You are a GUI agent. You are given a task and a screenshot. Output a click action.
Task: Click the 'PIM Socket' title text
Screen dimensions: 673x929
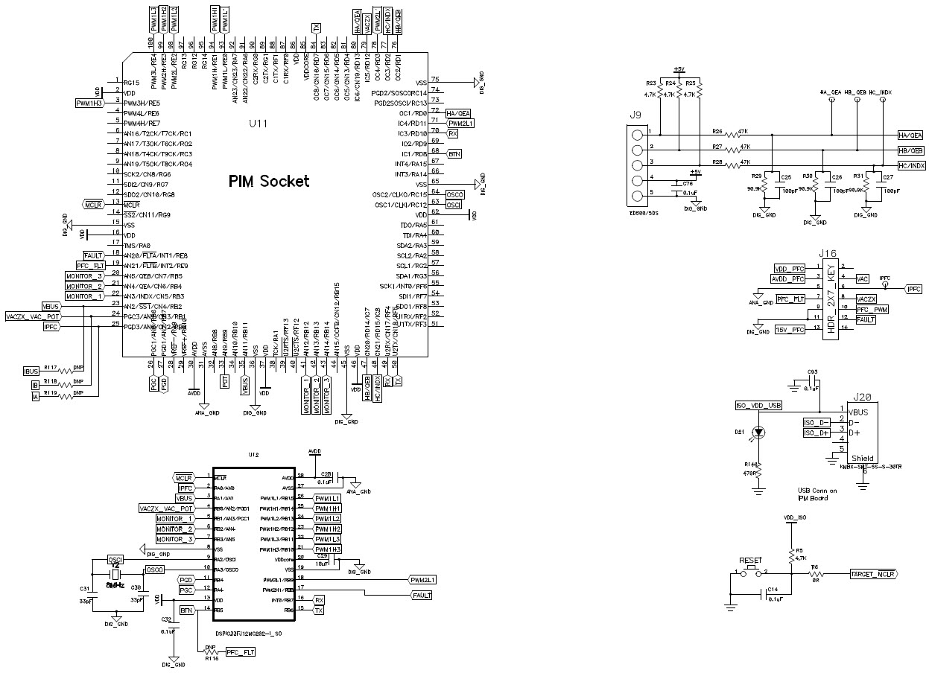[269, 181]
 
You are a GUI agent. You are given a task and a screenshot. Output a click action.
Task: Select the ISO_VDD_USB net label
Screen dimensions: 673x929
[758, 406]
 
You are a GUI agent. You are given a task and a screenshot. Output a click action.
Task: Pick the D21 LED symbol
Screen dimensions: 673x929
[758, 432]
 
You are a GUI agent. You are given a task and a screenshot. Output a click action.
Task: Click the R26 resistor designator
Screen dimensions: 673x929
[717, 130]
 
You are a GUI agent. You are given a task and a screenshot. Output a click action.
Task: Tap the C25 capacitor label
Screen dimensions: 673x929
[785, 177]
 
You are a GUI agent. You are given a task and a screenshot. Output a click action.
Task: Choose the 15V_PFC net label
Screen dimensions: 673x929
[789, 329]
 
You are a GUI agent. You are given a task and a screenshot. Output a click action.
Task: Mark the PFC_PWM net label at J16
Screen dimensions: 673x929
[872, 309]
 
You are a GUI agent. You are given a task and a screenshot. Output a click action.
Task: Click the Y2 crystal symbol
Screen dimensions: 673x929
[115, 575]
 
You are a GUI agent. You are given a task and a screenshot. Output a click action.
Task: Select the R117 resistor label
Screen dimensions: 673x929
[51, 366]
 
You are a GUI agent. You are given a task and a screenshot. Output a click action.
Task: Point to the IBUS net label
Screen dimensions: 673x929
[32, 371]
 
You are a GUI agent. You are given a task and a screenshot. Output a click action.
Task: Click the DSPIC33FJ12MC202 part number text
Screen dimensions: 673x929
[247, 634]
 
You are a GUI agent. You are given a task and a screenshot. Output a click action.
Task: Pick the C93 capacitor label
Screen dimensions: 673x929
[812, 371]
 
